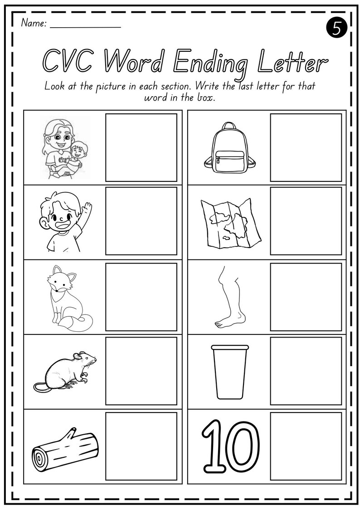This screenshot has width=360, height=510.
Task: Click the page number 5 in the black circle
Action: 337,28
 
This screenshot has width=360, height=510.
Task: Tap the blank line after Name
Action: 85,25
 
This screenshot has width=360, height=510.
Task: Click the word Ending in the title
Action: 212,62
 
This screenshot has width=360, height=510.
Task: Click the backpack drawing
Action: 229,147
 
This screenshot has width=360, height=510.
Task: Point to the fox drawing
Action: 68,297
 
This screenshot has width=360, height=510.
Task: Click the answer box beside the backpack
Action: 306,147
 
